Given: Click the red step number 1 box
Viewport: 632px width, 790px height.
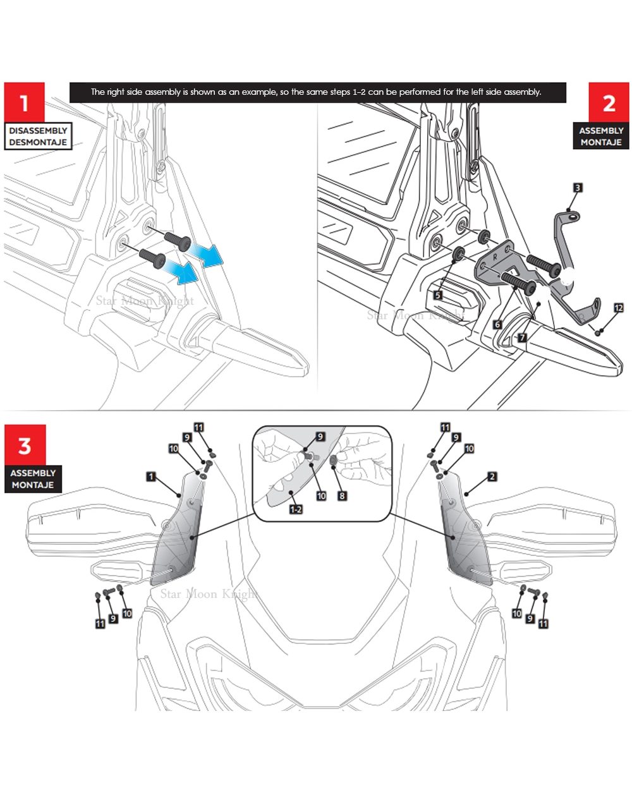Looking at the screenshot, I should point(25,102).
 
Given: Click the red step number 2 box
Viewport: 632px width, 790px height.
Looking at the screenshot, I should point(609,102).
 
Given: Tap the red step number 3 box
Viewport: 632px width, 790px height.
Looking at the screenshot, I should point(25,446).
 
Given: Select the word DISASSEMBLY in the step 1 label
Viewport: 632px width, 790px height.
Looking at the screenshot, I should point(38,130).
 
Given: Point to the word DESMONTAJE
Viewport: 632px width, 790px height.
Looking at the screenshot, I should point(38,142).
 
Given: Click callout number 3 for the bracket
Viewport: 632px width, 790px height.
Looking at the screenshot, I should point(577,188).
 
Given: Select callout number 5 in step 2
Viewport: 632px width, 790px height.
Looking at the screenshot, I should point(437,295).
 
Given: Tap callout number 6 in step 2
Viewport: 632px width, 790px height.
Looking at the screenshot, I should point(497,324).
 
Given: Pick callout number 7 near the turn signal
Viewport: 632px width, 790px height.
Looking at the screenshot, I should point(522,337).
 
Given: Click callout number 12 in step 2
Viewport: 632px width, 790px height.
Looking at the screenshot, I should point(618,308).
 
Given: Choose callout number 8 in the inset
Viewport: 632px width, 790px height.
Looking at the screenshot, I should point(342,496).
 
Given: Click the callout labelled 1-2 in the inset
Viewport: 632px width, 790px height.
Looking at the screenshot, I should point(296,509).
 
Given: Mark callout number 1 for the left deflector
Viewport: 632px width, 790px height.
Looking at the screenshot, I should point(151,476).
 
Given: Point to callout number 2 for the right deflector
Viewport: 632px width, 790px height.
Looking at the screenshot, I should point(492,477).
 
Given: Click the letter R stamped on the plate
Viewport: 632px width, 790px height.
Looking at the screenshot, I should point(494,259).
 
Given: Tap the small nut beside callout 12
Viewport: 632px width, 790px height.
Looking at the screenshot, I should point(599,331).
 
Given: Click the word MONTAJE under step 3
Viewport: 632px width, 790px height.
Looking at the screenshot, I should point(33,485).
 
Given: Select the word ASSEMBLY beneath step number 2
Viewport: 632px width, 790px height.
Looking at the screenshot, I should point(601,130).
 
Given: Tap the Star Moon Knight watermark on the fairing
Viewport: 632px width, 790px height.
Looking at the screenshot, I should point(208,593).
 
